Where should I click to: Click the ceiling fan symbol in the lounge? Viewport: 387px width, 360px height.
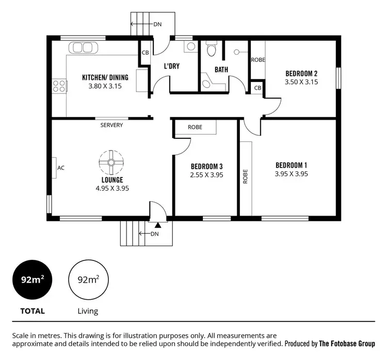pos(111,162)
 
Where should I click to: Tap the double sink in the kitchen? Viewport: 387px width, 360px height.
pos(83,48)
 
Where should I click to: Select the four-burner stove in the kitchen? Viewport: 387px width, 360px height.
pos(59,86)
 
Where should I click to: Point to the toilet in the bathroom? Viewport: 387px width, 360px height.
pos(211,50)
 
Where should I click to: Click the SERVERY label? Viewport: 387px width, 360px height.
pos(111,125)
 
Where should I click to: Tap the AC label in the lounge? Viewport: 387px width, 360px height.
pos(60,168)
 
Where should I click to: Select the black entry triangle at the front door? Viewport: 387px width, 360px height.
pos(158,224)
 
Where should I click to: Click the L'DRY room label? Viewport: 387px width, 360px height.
pos(171,67)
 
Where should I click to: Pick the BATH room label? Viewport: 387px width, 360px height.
pos(221,70)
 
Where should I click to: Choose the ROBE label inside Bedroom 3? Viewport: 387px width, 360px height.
pos(195,127)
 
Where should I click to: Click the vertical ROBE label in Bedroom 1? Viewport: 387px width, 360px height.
pos(246,177)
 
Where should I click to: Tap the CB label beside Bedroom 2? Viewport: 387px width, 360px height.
pos(257,88)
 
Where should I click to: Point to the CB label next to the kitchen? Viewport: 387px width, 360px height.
pos(145,53)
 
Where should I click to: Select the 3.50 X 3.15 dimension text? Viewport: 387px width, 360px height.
pos(301,81)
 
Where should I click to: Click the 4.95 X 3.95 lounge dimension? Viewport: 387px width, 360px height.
pos(112,188)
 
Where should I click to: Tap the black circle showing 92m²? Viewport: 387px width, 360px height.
pos(32,281)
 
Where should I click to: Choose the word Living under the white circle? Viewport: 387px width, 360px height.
pos(87,311)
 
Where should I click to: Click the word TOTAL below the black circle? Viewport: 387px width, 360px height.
pos(32,311)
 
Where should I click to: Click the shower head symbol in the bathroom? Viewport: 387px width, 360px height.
pos(237,52)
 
